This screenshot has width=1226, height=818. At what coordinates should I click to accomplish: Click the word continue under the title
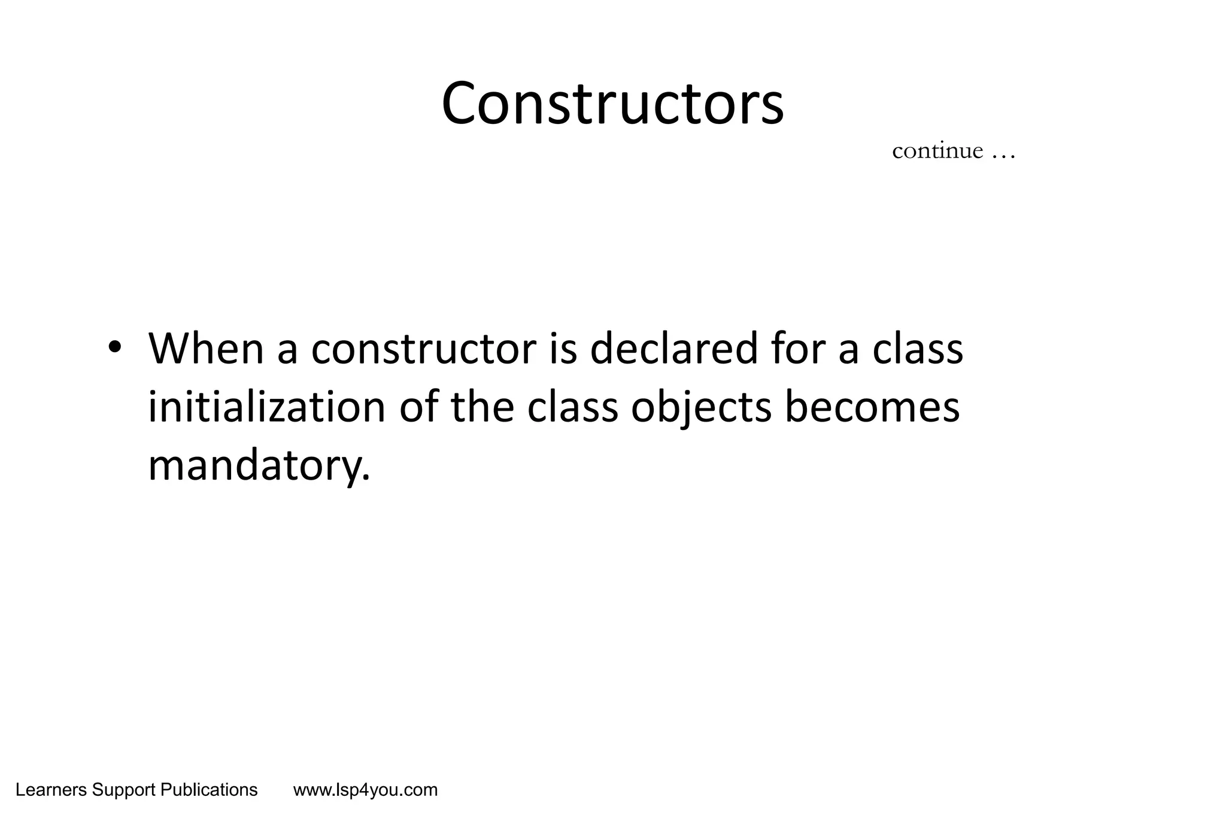pos(937,151)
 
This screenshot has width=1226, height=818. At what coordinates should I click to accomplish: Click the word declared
pos(673,349)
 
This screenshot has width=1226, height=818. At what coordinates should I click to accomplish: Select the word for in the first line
pos(797,349)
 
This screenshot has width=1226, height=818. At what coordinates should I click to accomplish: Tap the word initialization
pos(266,407)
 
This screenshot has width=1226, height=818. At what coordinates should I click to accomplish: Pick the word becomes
pos(872,407)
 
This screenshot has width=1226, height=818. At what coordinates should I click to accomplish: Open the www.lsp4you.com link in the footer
pos(365,790)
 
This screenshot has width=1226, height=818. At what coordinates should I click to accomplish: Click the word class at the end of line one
pos(918,349)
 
